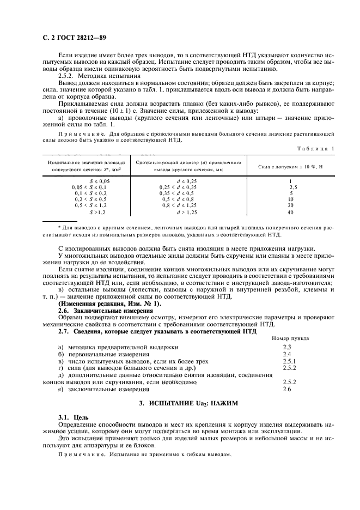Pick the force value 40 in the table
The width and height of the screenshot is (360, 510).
pos(291,212)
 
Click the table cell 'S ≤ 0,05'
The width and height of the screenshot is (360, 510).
pos(99,180)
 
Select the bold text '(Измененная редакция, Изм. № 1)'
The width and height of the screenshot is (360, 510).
pos(109,303)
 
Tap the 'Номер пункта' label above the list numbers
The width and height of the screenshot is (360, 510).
pos(290,338)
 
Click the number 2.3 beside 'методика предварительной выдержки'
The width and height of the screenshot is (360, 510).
pos(288,347)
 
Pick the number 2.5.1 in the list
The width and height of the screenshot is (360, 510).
pos(290,361)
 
